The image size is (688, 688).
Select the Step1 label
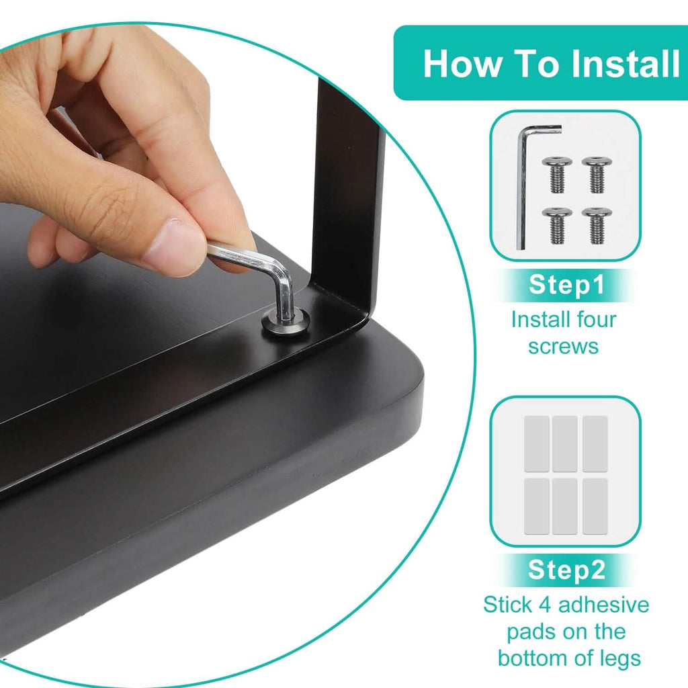coord(566,285)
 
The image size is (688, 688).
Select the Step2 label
coord(566,570)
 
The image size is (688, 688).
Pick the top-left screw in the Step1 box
coord(557,175)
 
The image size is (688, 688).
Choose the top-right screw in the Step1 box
coord(597,175)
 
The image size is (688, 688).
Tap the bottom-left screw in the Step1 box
coord(557,226)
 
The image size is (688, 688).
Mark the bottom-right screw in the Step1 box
coord(597,226)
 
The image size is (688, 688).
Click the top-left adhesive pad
coord(537,444)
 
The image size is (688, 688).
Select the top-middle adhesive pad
coord(564,444)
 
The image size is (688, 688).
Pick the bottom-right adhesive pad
coord(595,507)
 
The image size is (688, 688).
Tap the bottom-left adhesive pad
coord(537,507)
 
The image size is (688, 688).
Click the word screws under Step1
coord(564,347)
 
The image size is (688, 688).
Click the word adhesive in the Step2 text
coord(603,605)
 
